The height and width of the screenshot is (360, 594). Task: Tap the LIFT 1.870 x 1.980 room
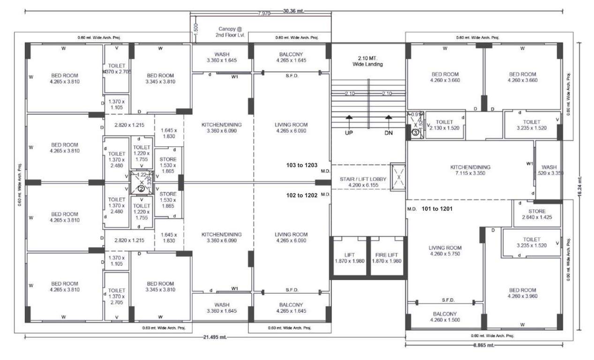(x=349, y=258)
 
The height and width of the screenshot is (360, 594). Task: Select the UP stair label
(x=349, y=133)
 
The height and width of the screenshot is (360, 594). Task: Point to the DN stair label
(x=388, y=133)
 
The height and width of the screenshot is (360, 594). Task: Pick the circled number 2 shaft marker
(x=141, y=188)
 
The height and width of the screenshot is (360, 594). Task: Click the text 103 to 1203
(x=302, y=165)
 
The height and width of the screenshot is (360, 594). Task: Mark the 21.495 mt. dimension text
(x=212, y=337)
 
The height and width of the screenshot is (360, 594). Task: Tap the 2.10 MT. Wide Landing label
(x=368, y=61)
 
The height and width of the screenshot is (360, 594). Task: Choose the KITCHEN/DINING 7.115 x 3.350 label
(x=470, y=170)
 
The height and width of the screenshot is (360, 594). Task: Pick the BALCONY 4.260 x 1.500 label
(x=444, y=317)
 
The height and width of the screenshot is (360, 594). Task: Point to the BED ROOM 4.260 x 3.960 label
(x=522, y=293)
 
